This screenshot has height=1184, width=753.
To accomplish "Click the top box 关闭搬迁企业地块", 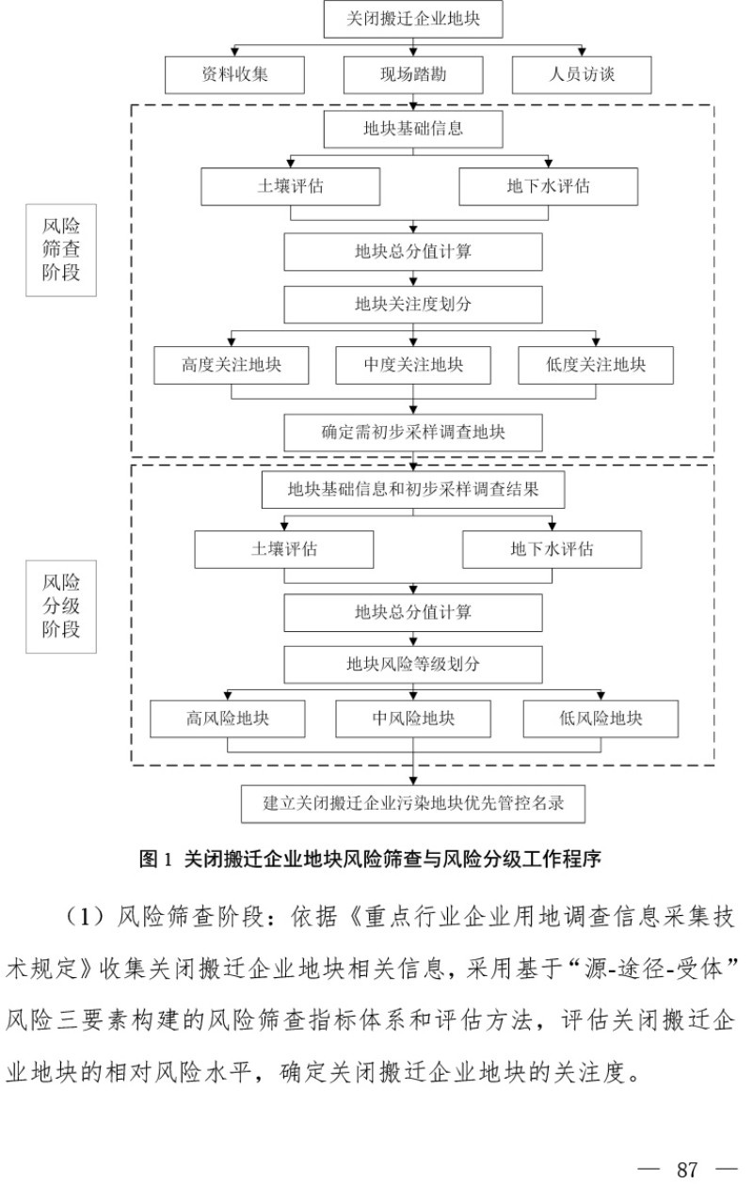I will tap(412, 19).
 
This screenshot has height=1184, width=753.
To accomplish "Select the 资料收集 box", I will tap(234, 74).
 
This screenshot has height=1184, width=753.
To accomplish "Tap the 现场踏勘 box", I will tap(412, 74).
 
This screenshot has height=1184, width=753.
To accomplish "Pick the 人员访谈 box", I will tap(582, 74).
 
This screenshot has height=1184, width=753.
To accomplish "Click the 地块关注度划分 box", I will tap(412, 305).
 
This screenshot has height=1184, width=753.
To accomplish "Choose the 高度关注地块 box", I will tap(231, 365).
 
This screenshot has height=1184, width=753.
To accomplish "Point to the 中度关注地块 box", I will tap(413, 365).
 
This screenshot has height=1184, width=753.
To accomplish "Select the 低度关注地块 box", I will tap(596, 365).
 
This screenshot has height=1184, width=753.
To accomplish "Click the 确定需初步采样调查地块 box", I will tap(412, 434).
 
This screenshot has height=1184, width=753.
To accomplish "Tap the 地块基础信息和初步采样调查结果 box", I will tap(412, 490).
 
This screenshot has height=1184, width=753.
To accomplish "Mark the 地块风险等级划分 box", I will tap(412, 664).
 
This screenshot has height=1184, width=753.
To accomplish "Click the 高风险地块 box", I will tap(228, 719).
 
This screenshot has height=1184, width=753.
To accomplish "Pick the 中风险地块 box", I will tap(413, 719).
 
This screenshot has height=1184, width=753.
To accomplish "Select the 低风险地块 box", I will tap(601, 719).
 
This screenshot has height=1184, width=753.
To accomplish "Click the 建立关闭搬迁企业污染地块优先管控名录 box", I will tap(413, 804).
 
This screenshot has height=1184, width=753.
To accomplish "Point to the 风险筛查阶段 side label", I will tap(61, 250).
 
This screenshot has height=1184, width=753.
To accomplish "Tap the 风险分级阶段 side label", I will tap(61, 607).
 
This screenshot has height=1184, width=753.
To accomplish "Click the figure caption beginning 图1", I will tap(369, 859).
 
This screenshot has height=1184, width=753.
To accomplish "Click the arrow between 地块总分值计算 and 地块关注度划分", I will tap(412, 278).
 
